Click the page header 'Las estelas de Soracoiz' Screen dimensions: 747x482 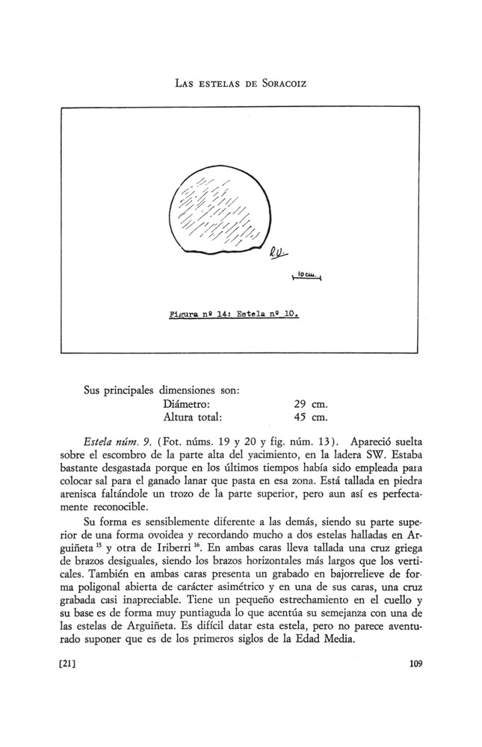tap(241, 81)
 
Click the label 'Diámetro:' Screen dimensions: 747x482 tap(176, 404)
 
